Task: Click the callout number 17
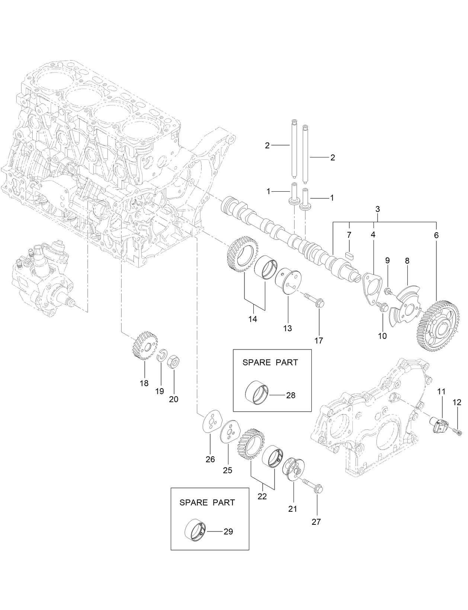click(318, 340)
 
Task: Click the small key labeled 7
click(349, 255)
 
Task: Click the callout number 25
click(227, 470)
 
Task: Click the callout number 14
click(253, 319)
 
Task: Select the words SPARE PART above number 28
click(270, 362)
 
